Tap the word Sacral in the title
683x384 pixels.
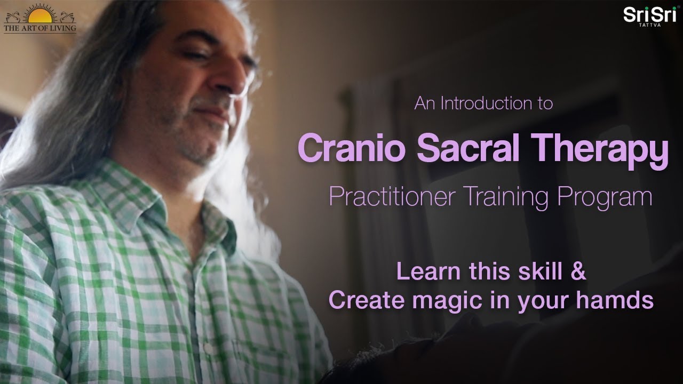(468, 148)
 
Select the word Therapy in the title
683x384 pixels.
(600, 151)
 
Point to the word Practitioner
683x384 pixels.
(392, 197)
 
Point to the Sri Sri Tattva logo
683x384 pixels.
(650, 16)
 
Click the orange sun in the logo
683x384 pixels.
(40, 16)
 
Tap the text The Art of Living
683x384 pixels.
(40, 28)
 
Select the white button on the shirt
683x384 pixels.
(208, 348)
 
